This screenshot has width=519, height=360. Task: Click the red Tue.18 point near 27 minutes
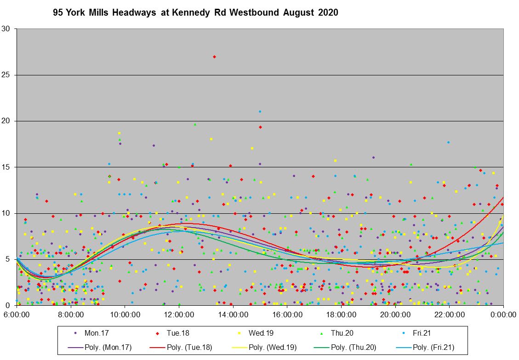click(x=214, y=57)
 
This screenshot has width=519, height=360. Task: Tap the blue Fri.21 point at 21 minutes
click(x=260, y=111)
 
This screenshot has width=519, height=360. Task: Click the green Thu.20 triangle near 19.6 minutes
click(x=195, y=124)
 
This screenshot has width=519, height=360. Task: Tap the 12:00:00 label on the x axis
click(x=179, y=315)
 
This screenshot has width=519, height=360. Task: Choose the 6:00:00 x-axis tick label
click(x=17, y=315)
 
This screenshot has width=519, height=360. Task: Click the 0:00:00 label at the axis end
click(x=503, y=315)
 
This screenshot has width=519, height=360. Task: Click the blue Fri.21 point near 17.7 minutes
click(x=448, y=143)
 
